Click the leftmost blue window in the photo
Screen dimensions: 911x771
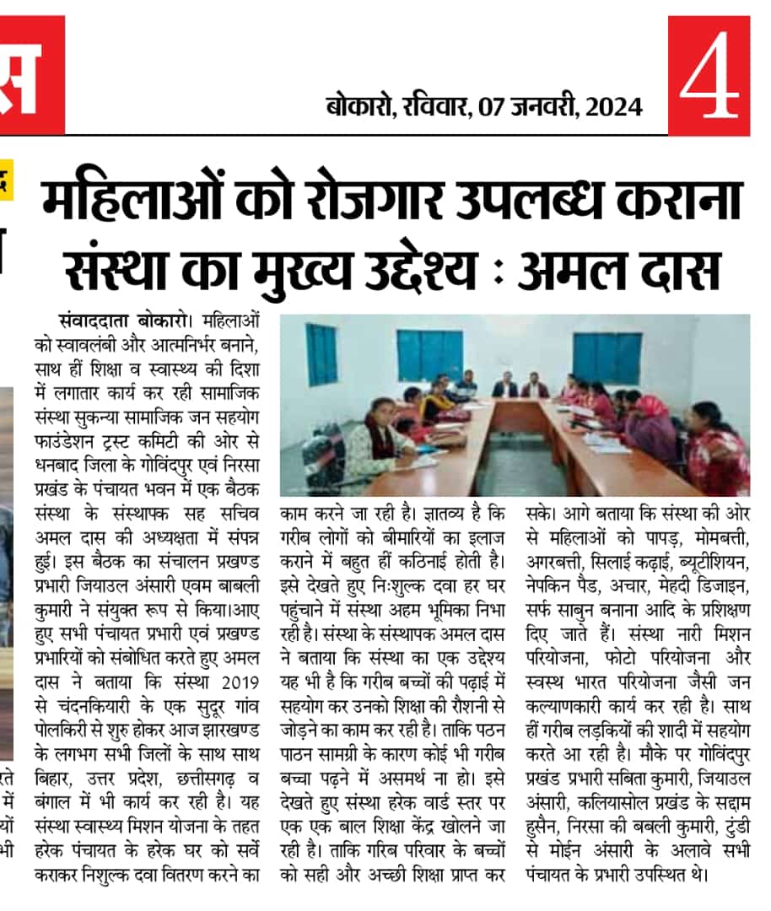click(321, 353)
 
